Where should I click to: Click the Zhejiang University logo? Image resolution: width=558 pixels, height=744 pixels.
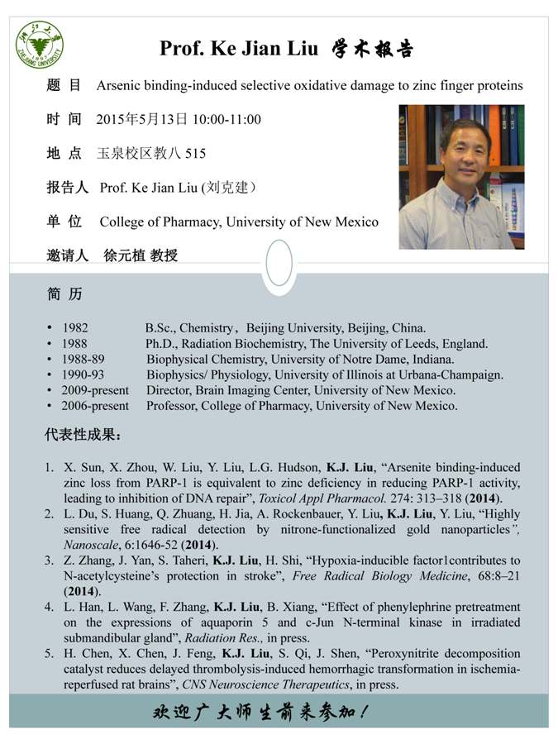pyautogui.click(x=40, y=45)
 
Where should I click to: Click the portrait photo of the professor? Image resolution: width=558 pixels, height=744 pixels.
pyautogui.click(x=461, y=176)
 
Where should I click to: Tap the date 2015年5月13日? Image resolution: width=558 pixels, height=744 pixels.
pyautogui.click(x=142, y=119)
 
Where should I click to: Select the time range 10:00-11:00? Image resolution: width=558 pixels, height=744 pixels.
pyautogui.click(x=227, y=119)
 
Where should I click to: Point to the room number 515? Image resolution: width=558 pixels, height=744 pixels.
pyautogui.click(x=195, y=153)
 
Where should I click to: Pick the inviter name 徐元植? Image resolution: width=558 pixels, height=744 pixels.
pyautogui.click(x=124, y=255)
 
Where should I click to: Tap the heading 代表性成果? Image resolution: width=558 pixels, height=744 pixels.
pyautogui.click(x=82, y=435)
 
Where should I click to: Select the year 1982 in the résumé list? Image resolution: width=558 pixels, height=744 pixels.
pyautogui.click(x=75, y=327)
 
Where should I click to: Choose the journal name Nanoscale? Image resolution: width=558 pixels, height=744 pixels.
pyautogui.click(x=92, y=545)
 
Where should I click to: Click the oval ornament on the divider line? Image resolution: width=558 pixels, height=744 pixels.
pyautogui.click(x=279, y=262)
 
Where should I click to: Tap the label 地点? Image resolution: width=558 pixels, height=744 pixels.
pyautogui.click(x=64, y=153)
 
